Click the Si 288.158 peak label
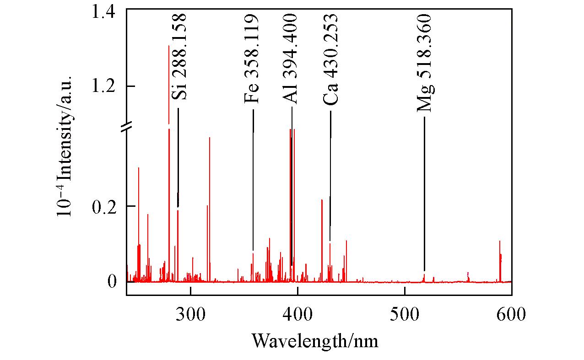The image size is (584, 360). click(179, 57)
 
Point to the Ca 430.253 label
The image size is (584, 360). click(330, 59)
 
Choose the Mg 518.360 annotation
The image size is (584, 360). click(424, 63)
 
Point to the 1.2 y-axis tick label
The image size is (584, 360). click(105, 86)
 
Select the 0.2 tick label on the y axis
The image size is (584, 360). click(105, 206)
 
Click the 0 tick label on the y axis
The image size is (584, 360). click(112, 281)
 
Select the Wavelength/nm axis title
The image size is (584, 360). click(315, 340)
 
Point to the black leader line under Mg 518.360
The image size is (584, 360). click(424, 192)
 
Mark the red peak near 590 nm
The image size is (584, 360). click(500, 256)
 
